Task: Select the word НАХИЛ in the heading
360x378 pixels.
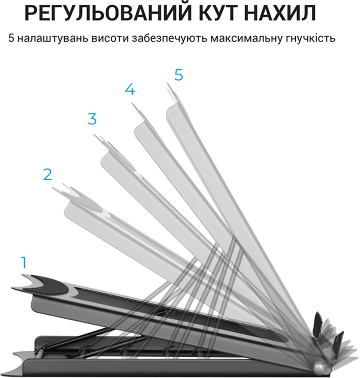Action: (280, 13)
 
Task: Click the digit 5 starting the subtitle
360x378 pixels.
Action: (11, 38)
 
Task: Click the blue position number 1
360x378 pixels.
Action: (24, 263)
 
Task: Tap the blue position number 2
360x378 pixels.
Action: (47, 174)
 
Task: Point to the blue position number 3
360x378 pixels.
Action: (92, 119)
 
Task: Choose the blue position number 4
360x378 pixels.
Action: (130, 89)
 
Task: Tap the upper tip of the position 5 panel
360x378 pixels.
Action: (167, 83)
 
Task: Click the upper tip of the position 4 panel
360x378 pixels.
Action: (132, 103)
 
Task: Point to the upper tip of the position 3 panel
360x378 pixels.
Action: (94, 135)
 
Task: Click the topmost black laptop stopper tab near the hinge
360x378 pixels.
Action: (318, 321)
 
